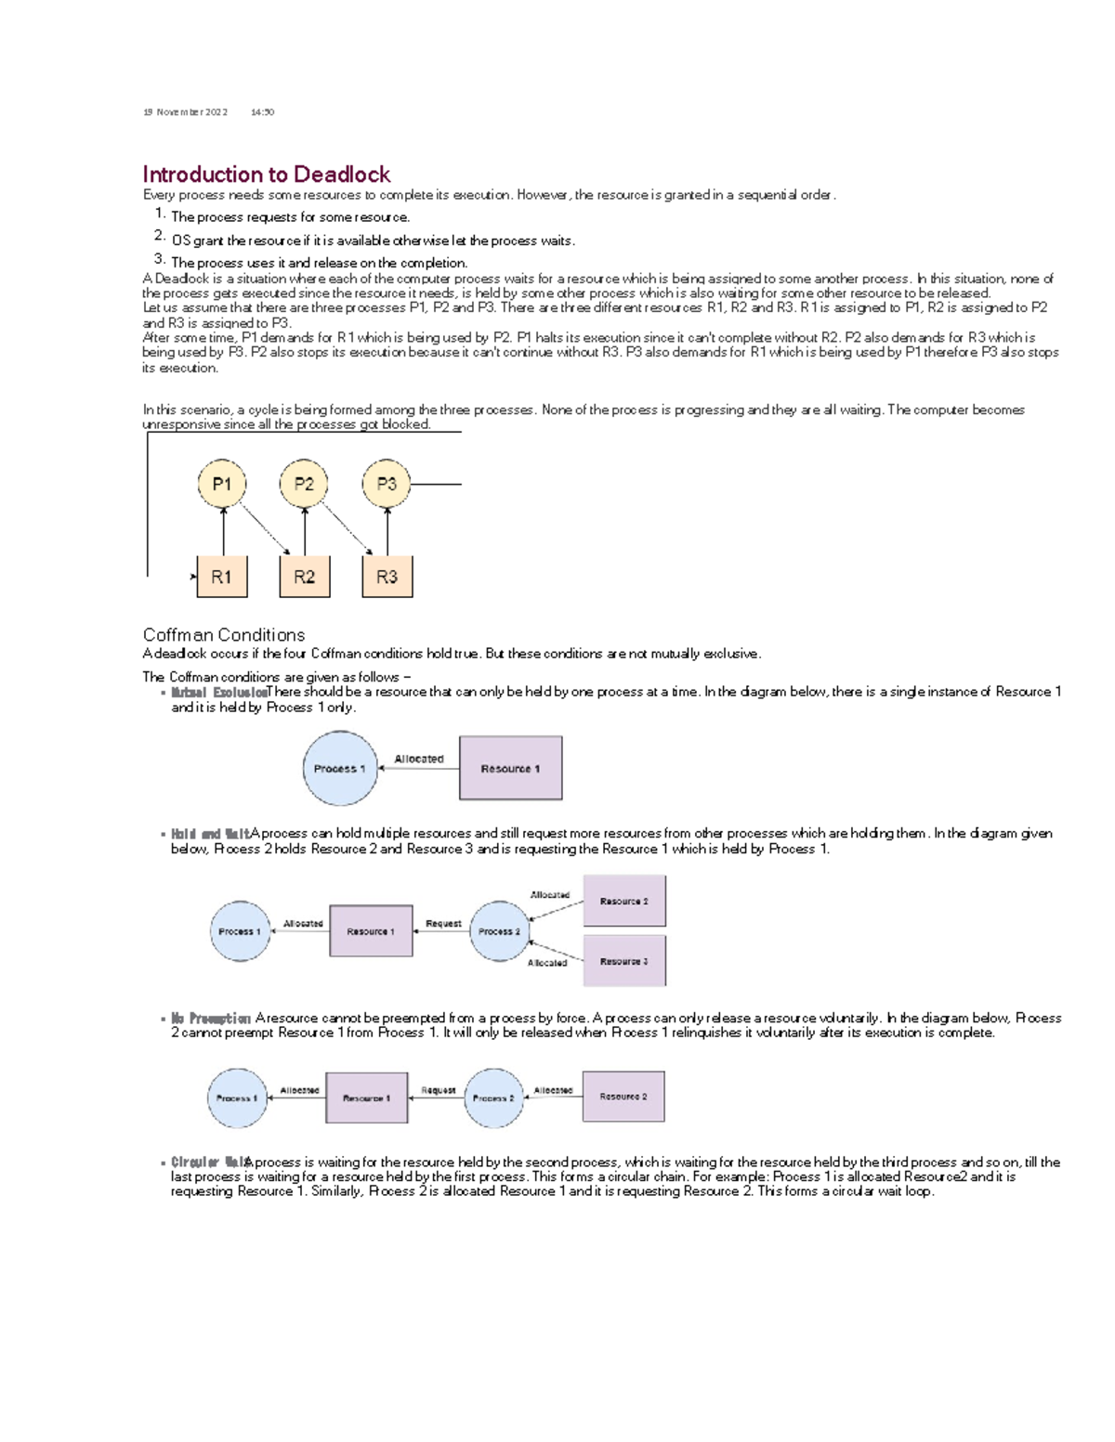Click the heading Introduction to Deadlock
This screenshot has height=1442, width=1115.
coord(266,175)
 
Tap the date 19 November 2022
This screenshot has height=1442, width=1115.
coord(185,112)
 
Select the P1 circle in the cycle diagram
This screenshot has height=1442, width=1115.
coord(222,484)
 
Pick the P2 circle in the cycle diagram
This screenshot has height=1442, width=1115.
coord(304,484)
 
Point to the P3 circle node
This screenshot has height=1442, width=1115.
coord(387,484)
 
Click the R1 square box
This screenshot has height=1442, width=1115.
coord(222,577)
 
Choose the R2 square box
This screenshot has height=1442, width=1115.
coord(304,577)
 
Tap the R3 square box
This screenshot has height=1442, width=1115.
coord(387,577)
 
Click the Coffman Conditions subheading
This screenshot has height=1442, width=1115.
coord(224,635)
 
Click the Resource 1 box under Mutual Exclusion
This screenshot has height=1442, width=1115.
coord(510,768)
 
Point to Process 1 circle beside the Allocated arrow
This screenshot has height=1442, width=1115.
coord(340,768)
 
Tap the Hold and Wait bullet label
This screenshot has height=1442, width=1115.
coord(210,834)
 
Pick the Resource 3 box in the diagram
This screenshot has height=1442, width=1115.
coord(623,961)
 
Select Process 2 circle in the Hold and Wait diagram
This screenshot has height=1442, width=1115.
coord(500,931)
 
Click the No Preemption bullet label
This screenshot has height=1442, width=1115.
coord(211,1019)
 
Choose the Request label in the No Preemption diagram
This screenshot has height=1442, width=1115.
coord(438,1091)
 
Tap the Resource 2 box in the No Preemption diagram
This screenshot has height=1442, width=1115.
coord(623,1097)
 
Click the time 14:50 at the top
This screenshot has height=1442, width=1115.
coord(262,112)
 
